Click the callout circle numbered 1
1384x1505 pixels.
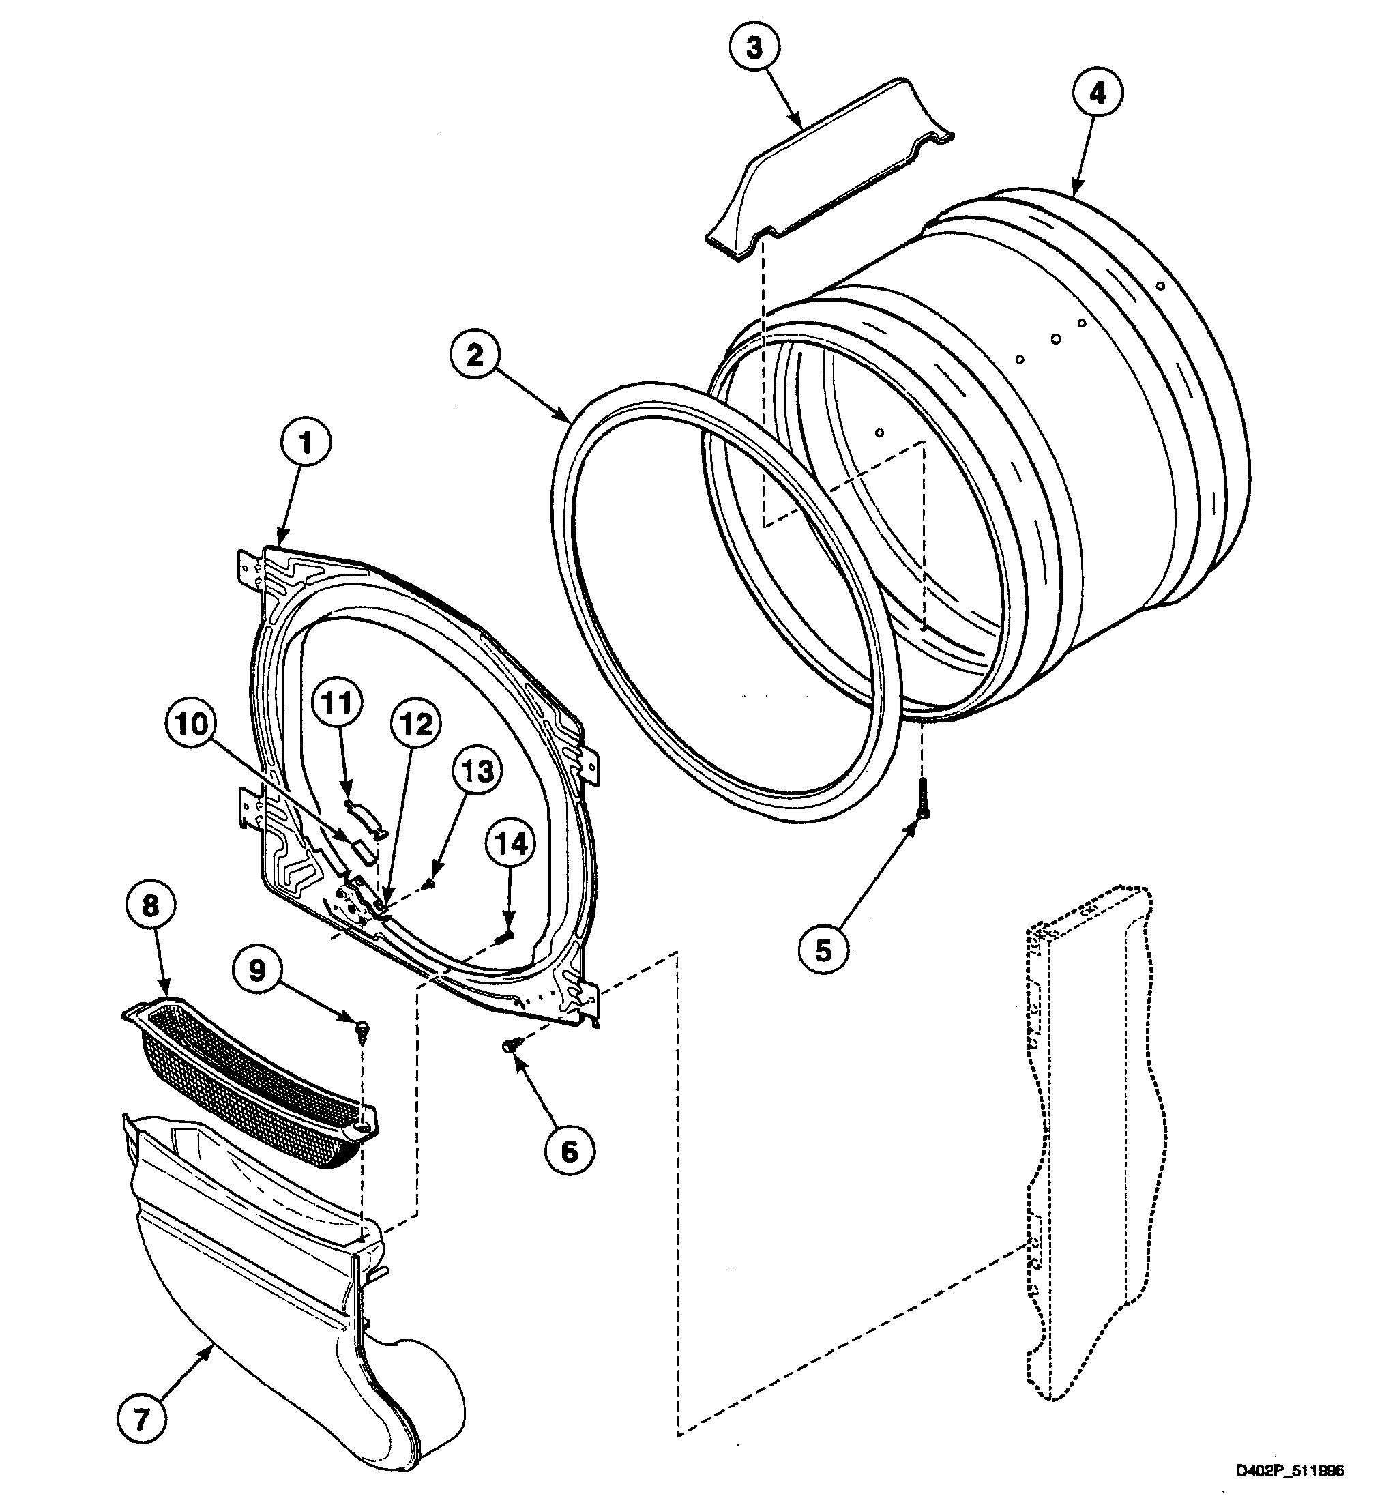click(x=305, y=444)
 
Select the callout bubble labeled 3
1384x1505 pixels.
click(x=754, y=48)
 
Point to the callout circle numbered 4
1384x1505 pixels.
click(x=1097, y=93)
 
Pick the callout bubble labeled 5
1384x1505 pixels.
click(x=823, y=950)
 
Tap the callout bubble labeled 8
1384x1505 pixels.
click(x=151, y=907)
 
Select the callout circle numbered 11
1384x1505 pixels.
click(x=338, y=704)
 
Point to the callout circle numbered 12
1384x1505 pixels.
click(x=416, y=725)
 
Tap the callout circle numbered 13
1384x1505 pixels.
click(x=477, y=771)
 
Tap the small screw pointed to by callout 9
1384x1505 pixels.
click(x=362, y=1029)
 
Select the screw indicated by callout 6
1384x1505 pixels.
click(x=510, y=1045)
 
